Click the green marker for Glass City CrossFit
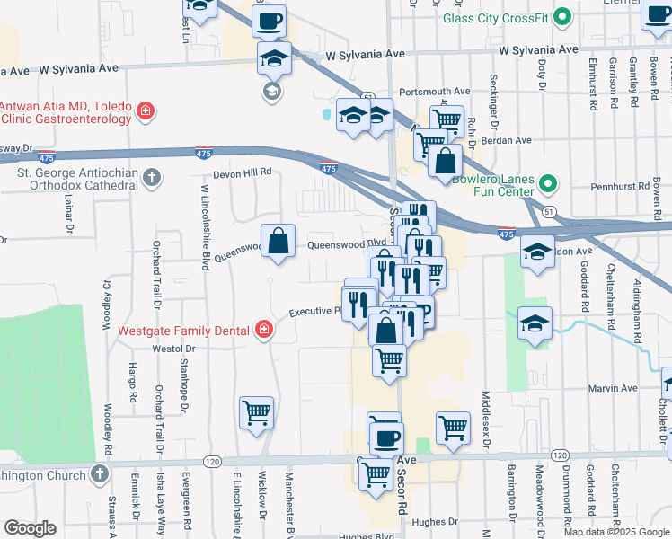point(563,17)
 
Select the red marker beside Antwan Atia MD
point(144,112)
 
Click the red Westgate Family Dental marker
point(263,330)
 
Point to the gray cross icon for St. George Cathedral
point(153,176)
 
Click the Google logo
point(30,528)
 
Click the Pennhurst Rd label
point(620,188)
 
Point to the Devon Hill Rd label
point(242,175)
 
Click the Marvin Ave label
point(613,389)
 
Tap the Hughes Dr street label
point(462,520)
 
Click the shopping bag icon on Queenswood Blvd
point(279,241)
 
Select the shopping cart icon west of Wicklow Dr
point(256,413)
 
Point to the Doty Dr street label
point(542,75)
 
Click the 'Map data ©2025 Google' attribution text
point(615,532)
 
